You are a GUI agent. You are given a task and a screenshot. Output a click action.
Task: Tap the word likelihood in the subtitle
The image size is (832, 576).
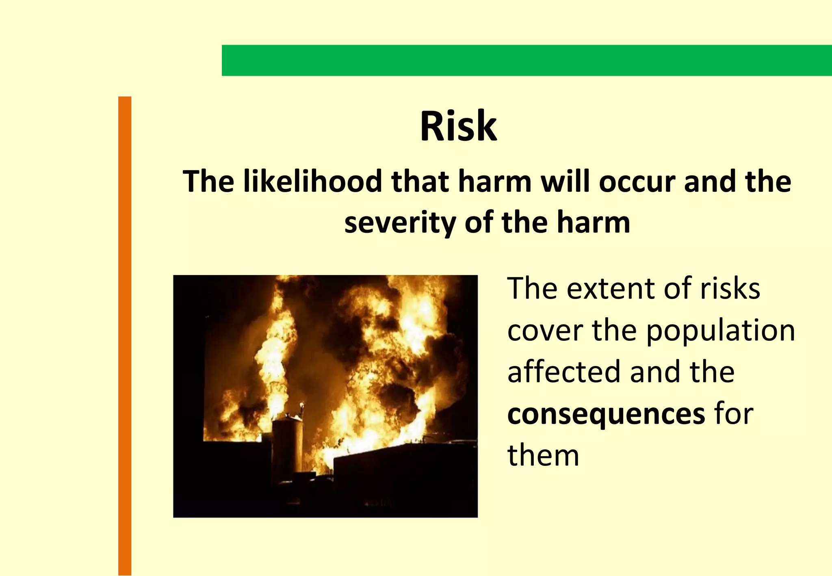tap(313, 181)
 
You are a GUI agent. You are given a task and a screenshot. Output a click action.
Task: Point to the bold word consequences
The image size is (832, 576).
tap(606, 414)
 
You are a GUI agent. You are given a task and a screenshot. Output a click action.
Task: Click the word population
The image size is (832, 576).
tap(720, 331)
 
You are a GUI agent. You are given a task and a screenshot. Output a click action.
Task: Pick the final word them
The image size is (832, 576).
tap(543, 455)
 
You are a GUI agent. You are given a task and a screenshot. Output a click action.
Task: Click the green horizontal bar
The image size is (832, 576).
tap(526, 60)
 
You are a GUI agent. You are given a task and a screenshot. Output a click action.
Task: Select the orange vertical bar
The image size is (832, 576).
tap(125, 336)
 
